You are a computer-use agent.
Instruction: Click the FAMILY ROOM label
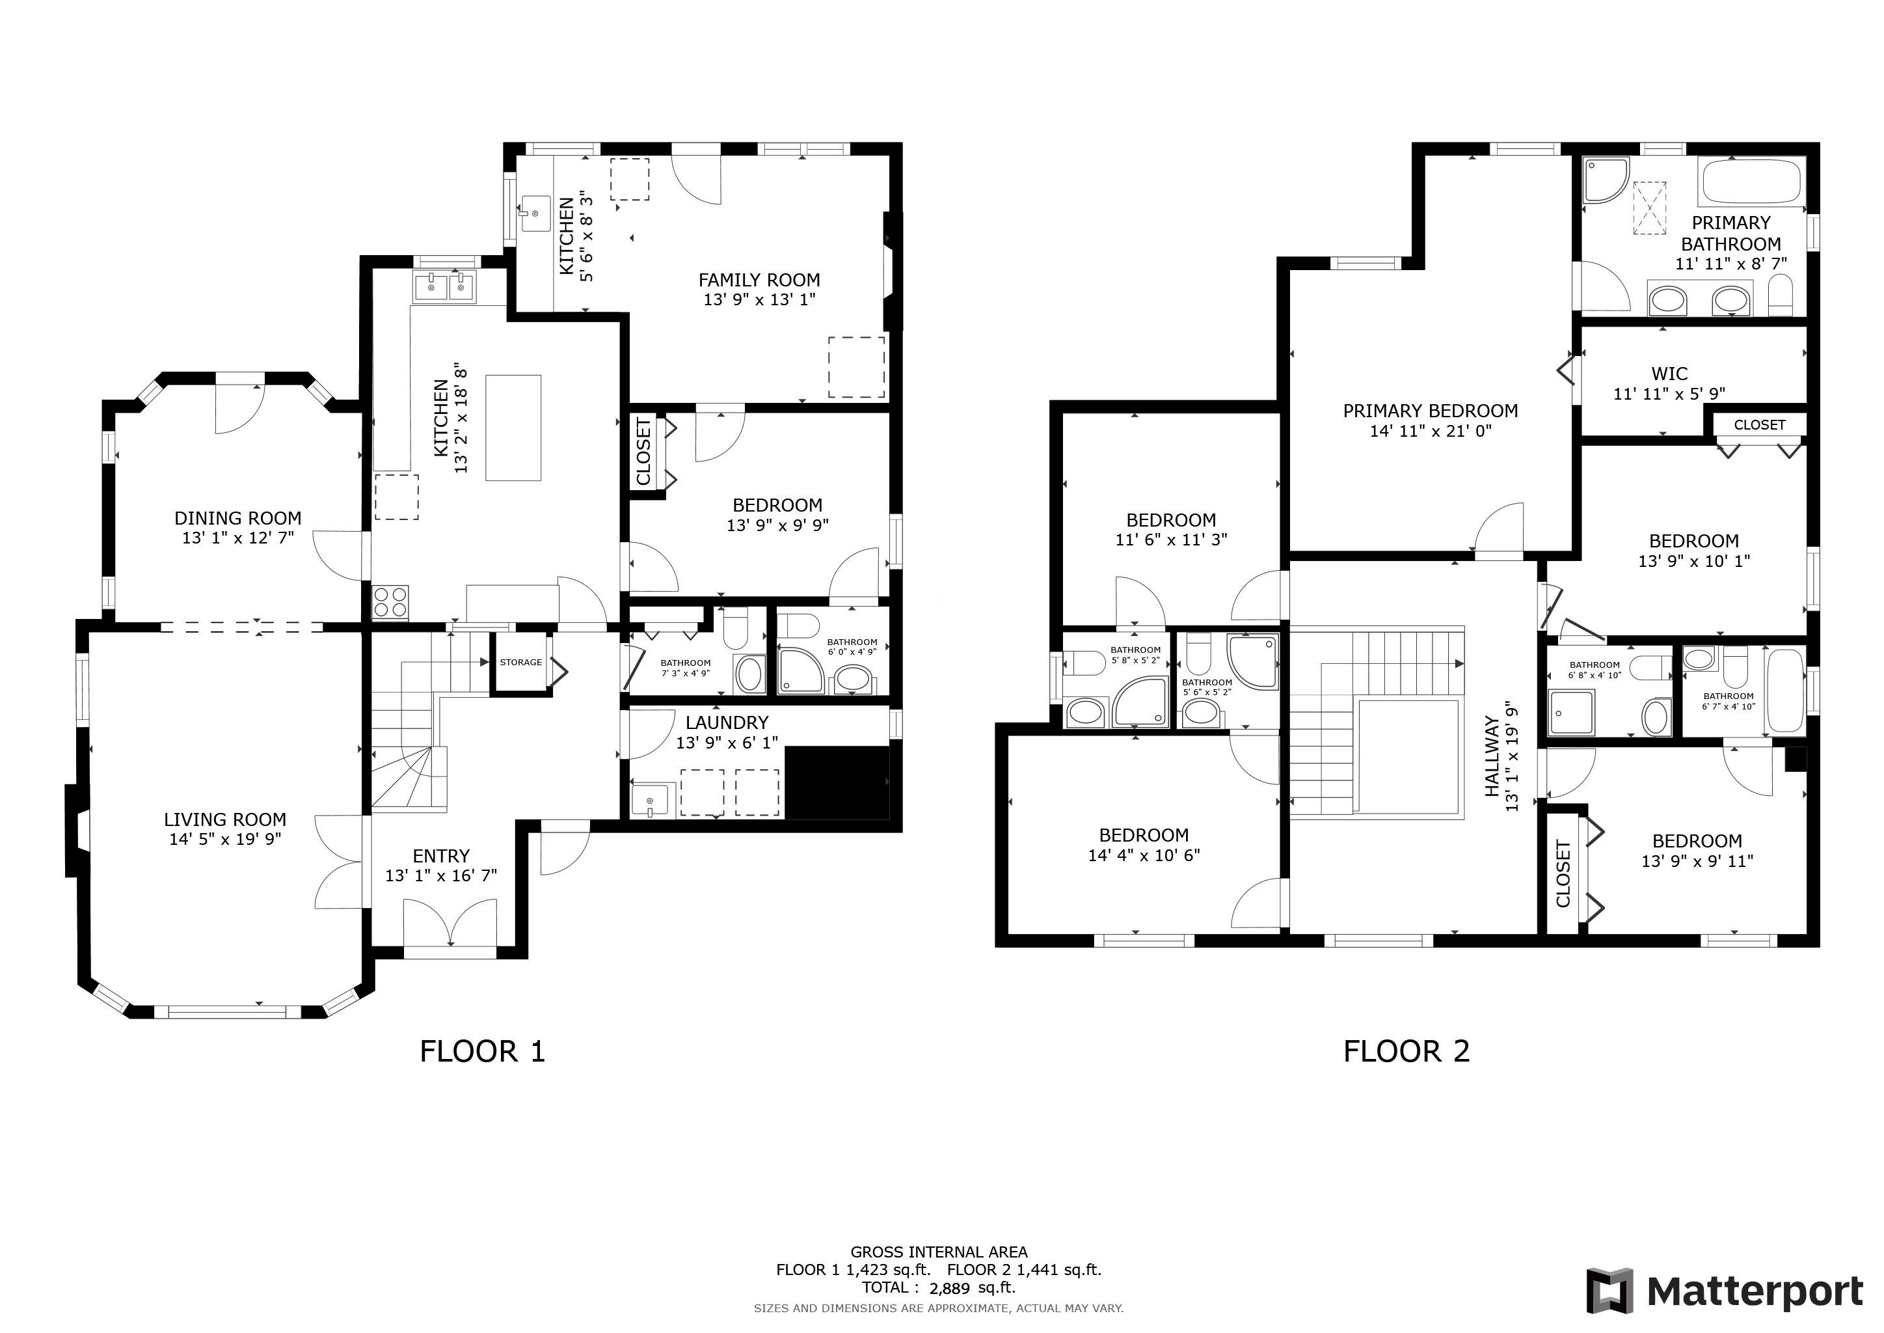(759, 280)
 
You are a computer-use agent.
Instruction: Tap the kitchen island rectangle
(514, 427)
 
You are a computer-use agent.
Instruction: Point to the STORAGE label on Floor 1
(521, 663)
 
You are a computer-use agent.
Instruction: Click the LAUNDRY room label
(727, 722)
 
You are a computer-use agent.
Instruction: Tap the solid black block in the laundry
(838, 782)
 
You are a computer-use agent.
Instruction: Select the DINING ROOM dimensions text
(238, 538)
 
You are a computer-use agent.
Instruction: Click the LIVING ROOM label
(225, 819)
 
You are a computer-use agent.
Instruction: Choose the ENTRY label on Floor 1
(442, 856)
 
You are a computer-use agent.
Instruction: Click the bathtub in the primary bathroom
(1752, 182)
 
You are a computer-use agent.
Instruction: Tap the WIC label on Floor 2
(1670, 374)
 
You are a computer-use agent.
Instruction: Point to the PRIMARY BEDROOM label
(1430, 411)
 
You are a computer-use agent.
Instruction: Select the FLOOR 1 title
(483, 1051)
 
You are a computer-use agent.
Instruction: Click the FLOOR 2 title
(1406, 1051)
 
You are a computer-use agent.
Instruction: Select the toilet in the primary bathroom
(1780, 295)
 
